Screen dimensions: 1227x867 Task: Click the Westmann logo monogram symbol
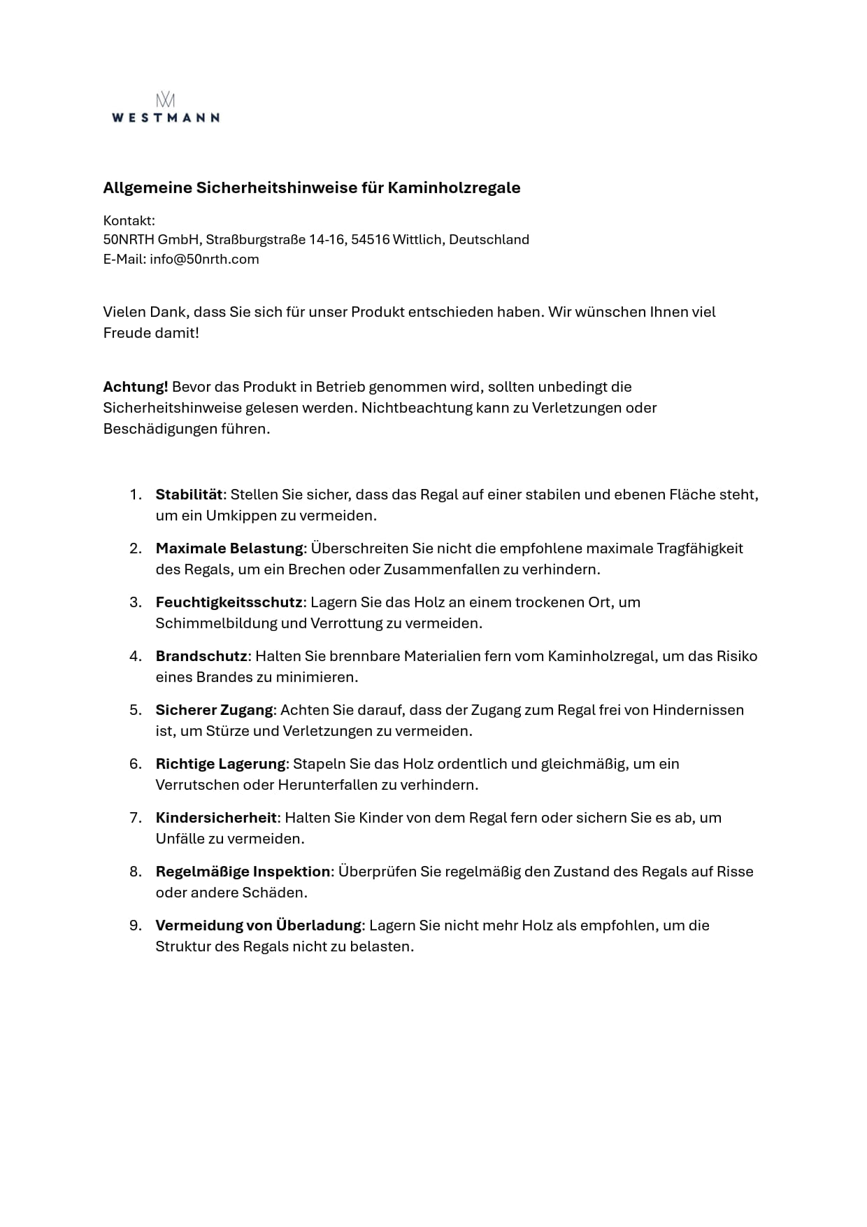tap(165, 99)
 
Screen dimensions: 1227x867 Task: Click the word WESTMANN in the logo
tap(165, 118)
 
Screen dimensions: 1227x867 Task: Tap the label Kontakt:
tap(129, 221)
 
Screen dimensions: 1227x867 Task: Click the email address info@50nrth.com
tap(204, 259)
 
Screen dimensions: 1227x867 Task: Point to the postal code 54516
tap(370, 239)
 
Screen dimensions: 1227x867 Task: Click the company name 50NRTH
tap(128, 239)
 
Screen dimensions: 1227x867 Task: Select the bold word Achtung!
tap(136, 387)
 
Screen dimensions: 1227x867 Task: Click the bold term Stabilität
tap(189, 495)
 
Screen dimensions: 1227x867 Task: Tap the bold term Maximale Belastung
tap(229, 548)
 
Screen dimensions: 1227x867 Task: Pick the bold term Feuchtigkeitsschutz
tap(229, 602)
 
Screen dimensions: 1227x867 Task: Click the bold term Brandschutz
tap(201, 656)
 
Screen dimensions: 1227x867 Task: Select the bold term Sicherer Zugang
tap(214, 710)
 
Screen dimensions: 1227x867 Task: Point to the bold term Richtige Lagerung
tap(220, 764)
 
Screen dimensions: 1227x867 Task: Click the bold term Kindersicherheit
tap(216, 818)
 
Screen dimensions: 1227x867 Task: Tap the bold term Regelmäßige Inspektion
tap(243, 872)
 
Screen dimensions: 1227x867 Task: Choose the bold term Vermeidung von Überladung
tap(258, 925)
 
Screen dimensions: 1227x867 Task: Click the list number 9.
tap(135, 925)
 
